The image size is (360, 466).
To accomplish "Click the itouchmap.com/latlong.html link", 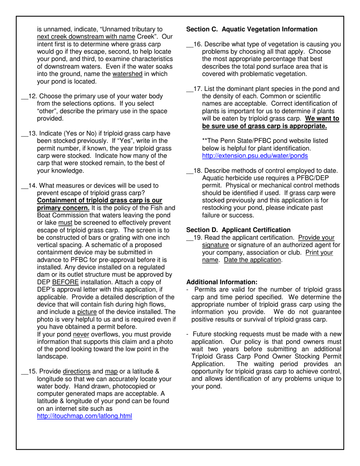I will [x=85, y=416].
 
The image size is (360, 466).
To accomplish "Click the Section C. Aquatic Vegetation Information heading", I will [x=252, y=29].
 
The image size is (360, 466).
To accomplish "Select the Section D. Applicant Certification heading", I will [x=238, y=230].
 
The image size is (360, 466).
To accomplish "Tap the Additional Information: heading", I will [x=222, y=282].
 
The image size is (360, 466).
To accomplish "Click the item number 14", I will [x=32, y=186].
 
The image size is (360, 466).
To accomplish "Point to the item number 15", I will [x=32, y=371].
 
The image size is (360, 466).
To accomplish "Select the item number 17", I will [x=197, y=89].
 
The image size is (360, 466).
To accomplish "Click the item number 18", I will [x=197, y=170].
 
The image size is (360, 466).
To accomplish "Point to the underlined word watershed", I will [x=127, y=74].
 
